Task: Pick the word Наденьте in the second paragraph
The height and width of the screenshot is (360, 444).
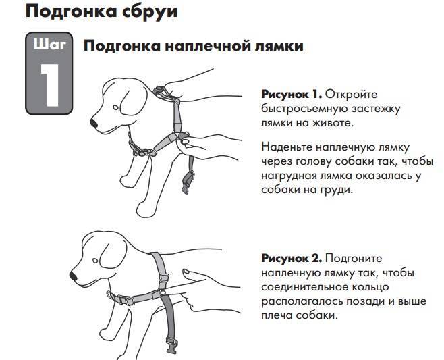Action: (x=286, y=147)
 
